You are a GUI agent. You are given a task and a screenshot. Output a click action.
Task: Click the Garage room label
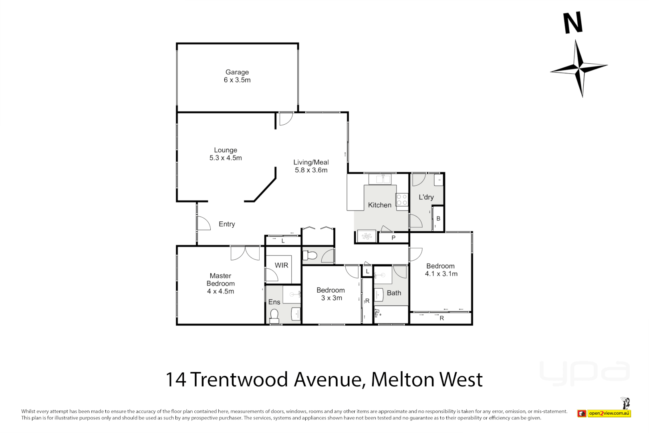[237, 72]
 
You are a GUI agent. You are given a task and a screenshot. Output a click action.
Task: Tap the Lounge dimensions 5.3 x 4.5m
[226, 158]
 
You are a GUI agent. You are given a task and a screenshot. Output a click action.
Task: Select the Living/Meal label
[311, 162]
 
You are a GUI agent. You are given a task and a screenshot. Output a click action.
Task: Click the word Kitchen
[379, 205]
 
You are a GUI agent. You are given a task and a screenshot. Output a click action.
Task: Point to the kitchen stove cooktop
[402, 200]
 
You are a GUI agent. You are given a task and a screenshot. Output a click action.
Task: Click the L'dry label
[426, 197]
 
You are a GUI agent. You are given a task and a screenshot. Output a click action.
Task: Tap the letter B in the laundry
[438, 219]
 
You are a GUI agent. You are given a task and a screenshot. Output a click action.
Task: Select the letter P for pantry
[393, 238]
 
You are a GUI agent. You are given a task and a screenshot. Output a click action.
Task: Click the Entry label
[227, 224]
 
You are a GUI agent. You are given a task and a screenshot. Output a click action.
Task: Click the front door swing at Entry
[204, 223]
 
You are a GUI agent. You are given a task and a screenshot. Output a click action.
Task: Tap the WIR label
[281, 265]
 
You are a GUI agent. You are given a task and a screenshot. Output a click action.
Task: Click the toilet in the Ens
[274, 316]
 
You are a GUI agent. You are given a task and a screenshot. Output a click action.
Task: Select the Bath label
[394, 293]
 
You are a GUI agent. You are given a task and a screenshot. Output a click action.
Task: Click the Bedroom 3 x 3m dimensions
[332, 298]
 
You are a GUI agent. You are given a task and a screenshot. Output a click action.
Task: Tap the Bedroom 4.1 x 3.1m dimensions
[441, 274]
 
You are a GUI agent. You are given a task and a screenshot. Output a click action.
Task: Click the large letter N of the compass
[573, 23]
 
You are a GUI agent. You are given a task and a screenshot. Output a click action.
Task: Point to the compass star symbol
[579, 68]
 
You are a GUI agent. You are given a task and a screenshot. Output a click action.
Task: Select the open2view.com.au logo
[609, 413]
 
